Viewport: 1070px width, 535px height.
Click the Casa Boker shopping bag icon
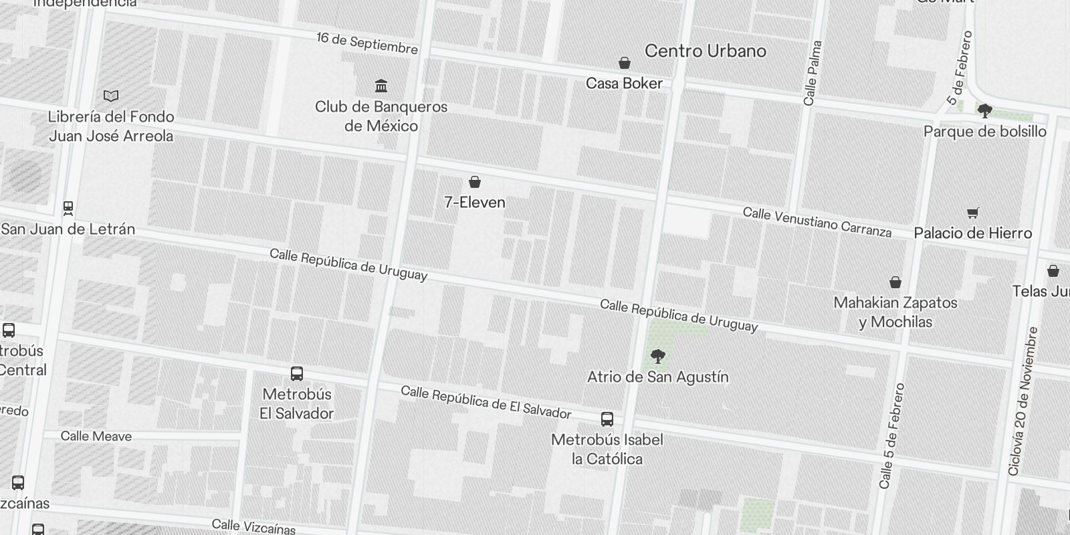point(624,63)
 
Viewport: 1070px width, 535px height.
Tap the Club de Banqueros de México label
point(381,116)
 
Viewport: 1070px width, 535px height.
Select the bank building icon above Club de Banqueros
point(381,86)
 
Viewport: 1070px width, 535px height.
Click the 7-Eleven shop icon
point(475,182)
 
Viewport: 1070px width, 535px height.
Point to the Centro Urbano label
point(706,51)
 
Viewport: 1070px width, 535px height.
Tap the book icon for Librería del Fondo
point(111,96)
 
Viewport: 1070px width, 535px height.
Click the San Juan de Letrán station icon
point(68,208)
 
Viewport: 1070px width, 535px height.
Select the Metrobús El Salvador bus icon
point(297,374)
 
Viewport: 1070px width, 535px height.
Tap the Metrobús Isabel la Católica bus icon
point(607,419)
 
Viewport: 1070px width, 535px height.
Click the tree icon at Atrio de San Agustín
point(658,356)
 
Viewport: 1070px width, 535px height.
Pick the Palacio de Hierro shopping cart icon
point(973,213)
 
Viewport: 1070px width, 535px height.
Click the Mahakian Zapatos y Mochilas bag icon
point(895,282)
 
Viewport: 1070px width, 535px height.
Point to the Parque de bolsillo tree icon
point(984,110)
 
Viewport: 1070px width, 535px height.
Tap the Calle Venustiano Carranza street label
point(817,223)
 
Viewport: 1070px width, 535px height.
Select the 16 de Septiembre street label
point(367,43)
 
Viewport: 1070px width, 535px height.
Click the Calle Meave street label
point(96,437)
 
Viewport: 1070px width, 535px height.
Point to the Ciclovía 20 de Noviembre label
point(1024,401)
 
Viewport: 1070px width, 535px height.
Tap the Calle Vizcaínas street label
point(253,527)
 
